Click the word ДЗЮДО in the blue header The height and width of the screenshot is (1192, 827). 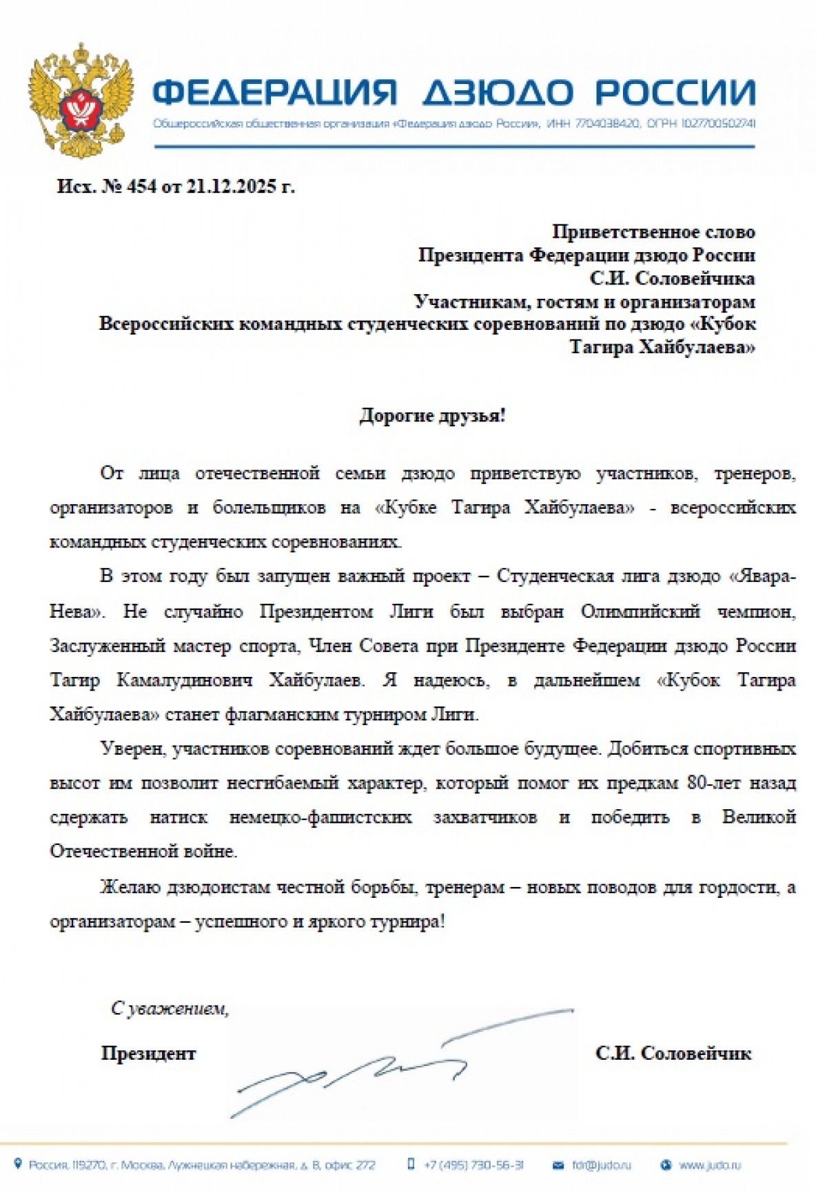[497, 92]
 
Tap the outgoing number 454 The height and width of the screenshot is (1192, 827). [141, 187]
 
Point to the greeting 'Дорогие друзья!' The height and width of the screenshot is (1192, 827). [432, 416]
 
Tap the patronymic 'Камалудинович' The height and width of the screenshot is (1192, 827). [185, 680]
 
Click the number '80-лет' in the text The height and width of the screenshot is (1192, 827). [715, 783]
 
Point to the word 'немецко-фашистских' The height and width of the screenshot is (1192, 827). [320, 817]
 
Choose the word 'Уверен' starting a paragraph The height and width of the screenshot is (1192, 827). [131, 749]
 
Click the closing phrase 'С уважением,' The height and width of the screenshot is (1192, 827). [170, 1009]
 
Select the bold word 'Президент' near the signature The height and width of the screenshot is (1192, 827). [148, 1053]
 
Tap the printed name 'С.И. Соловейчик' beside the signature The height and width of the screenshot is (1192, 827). [673, 1053]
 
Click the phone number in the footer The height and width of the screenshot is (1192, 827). [473, 1165]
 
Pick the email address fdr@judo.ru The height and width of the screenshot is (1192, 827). [601, 1165]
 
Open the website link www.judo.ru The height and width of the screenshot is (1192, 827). [709, 1165]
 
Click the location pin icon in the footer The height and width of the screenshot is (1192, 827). [19, 1164]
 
